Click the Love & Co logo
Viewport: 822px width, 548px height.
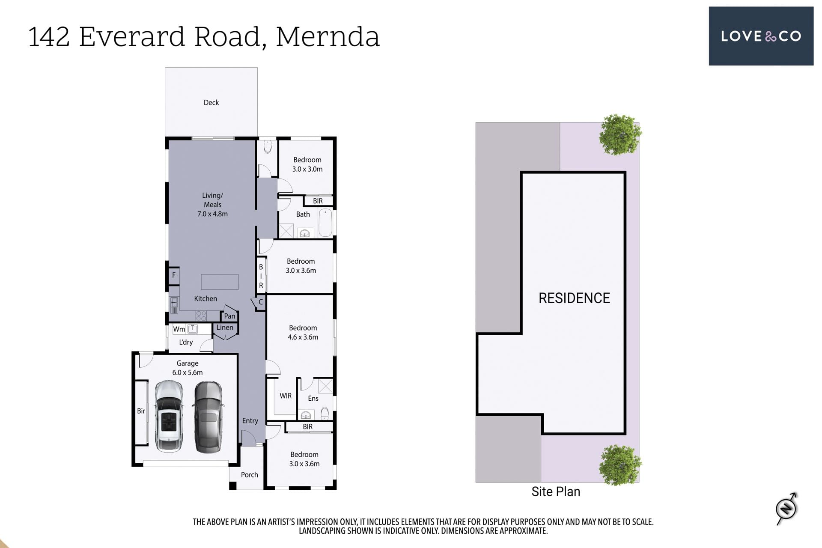click(761, 36)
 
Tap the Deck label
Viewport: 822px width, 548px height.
click(211, 102)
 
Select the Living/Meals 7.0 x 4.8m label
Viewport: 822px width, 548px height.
click(212, 205)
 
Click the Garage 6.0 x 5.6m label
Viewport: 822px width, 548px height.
click(188, 368)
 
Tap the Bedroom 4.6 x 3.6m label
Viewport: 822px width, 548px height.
click(303, 332)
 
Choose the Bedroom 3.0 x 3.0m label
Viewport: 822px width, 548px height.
click(307, 164)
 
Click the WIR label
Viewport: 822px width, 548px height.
click(286, 396)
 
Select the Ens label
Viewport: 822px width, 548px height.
click(313, 399)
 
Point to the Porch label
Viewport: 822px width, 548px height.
click(250, 475)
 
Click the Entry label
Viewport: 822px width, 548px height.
click(250, 421)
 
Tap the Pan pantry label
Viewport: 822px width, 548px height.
click(229, 316)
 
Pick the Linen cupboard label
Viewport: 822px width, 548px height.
click(225, 328)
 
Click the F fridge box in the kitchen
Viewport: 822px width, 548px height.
click(174, 275)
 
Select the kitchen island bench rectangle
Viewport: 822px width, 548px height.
click(220, 282)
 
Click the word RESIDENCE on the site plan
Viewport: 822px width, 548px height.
click(574, 298)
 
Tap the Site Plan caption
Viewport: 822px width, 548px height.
click(556, 491)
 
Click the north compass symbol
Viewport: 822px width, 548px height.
click(787, 509)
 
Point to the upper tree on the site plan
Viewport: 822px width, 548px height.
click(620, 134)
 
